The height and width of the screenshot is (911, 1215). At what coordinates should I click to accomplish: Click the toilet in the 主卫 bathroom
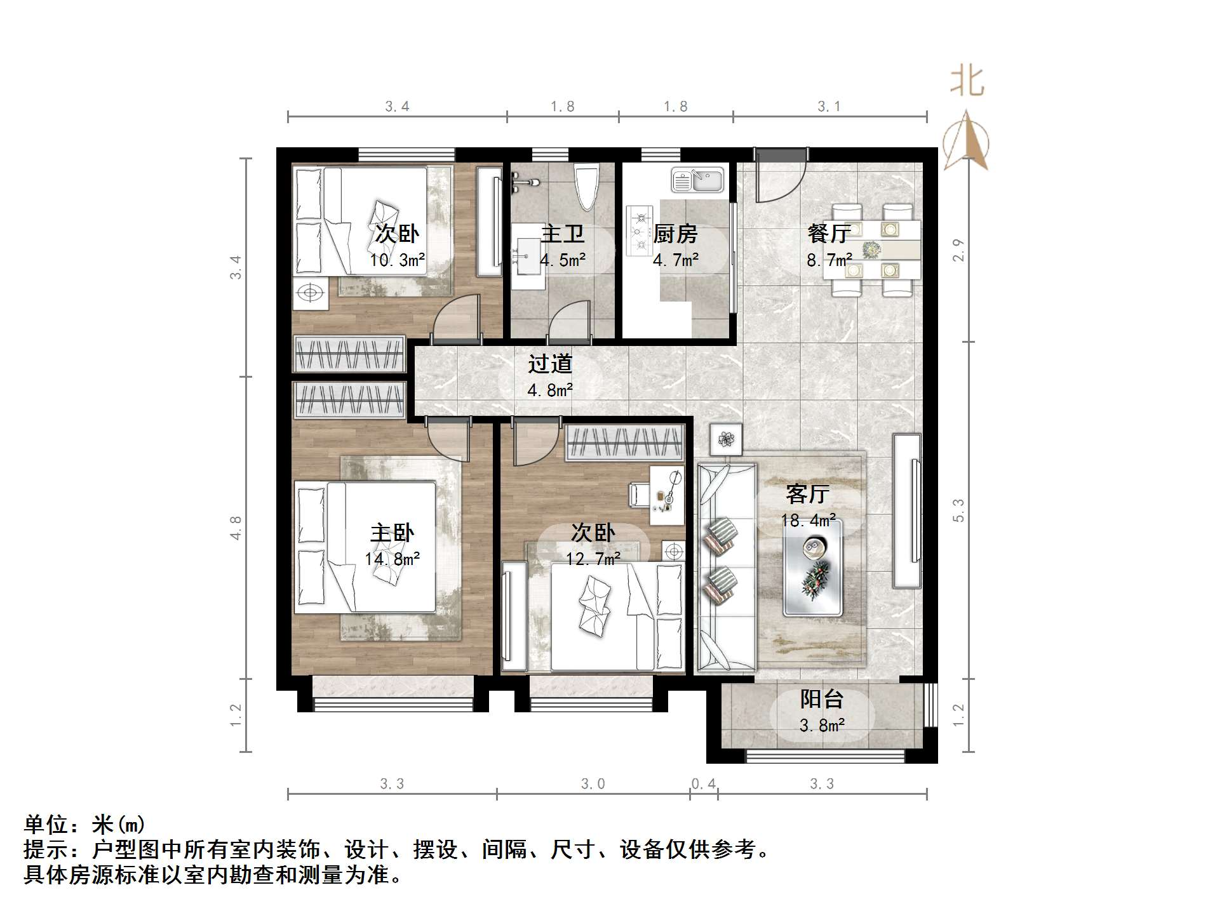(586, 188)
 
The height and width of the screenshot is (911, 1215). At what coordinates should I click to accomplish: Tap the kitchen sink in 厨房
(697, 181)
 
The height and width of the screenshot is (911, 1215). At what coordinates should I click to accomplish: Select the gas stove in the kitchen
(639, 230)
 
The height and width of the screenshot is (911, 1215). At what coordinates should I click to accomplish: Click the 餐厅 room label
(829, 233)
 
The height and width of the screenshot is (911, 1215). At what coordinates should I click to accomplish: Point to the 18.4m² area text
(808, 521)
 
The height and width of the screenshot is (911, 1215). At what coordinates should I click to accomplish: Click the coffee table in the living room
(813, 568)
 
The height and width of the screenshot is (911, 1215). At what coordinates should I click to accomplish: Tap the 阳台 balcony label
(821, 699)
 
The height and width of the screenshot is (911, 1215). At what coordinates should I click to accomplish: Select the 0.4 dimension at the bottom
(703, 784)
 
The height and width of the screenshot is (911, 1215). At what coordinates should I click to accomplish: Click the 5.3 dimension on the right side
(958, 510)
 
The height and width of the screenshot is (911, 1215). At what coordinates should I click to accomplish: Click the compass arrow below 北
(966, 141)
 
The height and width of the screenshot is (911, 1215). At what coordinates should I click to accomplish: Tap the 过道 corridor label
(550, 364)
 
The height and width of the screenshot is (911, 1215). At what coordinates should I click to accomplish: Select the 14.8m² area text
(392, 559)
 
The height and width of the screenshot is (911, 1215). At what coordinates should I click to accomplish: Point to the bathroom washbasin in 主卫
(528, 256)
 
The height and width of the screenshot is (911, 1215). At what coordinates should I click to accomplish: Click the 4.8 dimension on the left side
(236, 528)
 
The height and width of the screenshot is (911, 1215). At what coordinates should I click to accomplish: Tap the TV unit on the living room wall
(907, 510)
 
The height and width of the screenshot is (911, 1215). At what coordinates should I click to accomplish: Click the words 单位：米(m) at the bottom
(84, 825)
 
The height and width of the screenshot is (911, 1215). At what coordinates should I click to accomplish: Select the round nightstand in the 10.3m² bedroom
(311, 293)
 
